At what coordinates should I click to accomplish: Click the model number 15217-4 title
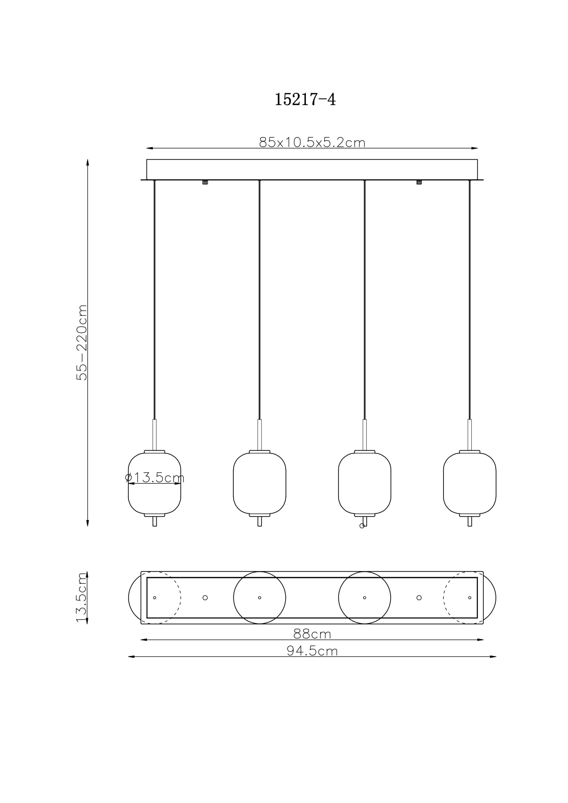click(x=305, y=99)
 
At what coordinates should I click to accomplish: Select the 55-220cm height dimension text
click(x=82, y=343)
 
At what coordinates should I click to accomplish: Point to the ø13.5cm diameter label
click(x=155, y=477)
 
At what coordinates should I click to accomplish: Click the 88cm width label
click(x=312, y=634)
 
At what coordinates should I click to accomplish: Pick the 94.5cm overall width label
click(x=312, y=651)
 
